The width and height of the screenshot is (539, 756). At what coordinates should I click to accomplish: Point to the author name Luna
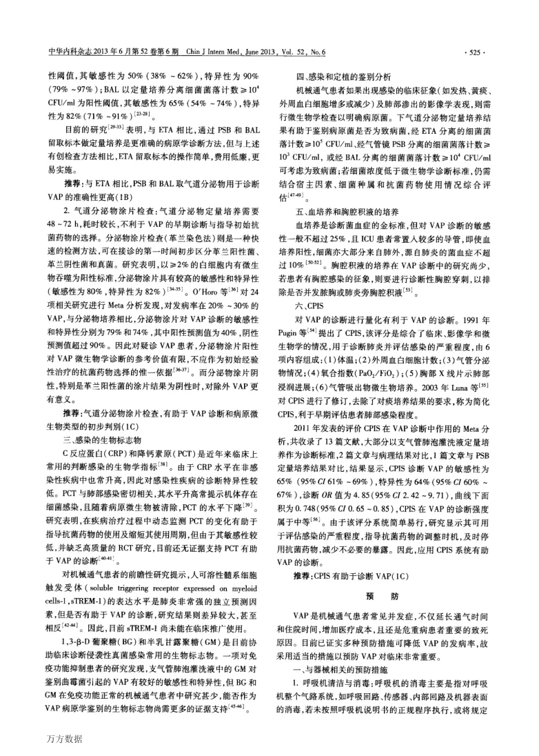pos(476,381)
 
